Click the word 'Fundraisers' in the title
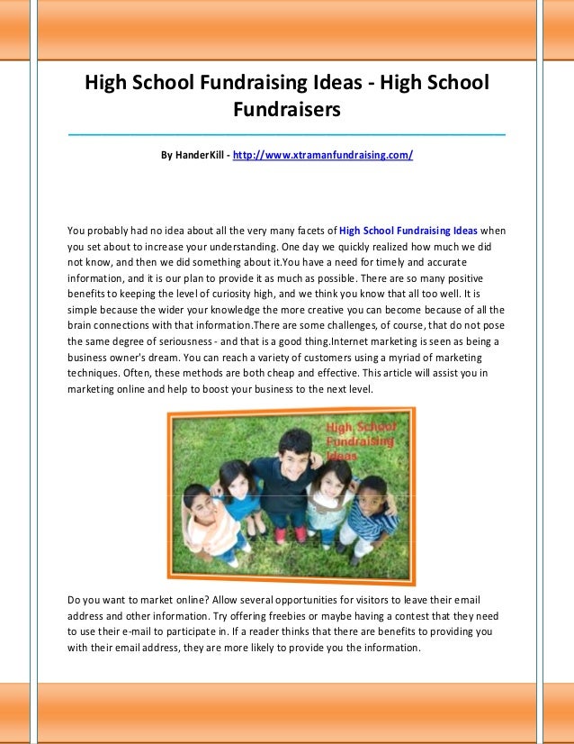point(286,110)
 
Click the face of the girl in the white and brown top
point(325,479)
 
